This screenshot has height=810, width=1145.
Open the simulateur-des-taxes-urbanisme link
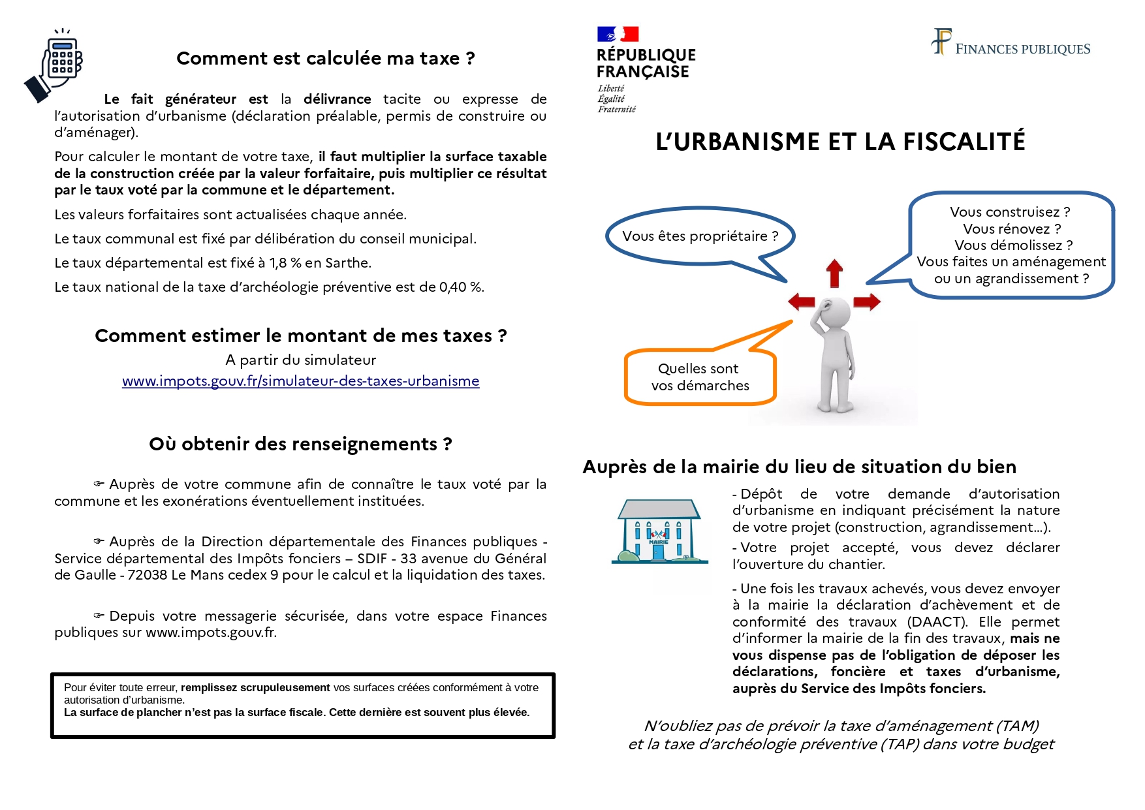click(x=300, y=381)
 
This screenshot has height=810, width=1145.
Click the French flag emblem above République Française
click(x=618, y=34)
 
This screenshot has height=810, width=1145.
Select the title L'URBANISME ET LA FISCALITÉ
click(x=840, y=142)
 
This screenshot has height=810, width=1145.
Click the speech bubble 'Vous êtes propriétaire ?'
click(x=700, y=236)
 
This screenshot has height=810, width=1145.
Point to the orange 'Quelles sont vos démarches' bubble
click(x=700, y=377)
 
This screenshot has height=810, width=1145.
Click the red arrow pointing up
click(x=834, y=273)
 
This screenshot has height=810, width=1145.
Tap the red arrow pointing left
click(x=802, y=302)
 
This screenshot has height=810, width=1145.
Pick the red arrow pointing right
click(x=867, y=302)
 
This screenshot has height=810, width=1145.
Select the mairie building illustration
click(x=659, y=531)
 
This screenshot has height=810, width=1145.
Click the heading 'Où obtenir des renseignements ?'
click(x=300, y=444)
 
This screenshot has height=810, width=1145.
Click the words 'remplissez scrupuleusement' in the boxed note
click(x=255, y=687)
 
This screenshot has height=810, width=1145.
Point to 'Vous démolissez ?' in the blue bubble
click(x=1013, y=245)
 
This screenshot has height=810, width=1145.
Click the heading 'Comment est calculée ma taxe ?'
click(x=325, y=59)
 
